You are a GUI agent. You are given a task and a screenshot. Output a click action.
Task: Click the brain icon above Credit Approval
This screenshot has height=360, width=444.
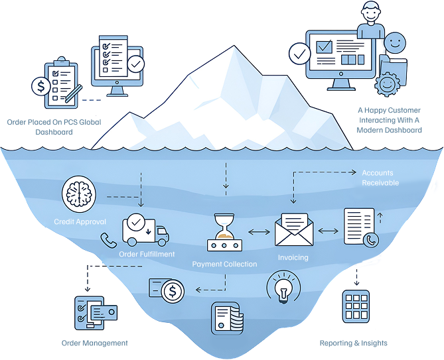78,196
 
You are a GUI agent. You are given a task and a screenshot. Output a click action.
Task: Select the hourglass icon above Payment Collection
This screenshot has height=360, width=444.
224,233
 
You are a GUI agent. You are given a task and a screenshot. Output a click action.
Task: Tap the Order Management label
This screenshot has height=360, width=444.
94,343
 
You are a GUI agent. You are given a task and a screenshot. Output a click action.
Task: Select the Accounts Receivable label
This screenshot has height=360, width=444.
380,178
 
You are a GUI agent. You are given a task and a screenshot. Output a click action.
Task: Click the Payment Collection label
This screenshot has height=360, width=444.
224,264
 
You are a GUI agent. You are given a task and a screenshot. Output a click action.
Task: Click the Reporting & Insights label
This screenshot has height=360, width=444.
354,343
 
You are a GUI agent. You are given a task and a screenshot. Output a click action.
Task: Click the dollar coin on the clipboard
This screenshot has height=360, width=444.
42,86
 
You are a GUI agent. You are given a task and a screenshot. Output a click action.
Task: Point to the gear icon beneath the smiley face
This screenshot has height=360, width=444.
386,84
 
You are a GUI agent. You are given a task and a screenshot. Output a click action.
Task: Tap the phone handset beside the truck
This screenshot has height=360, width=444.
105,240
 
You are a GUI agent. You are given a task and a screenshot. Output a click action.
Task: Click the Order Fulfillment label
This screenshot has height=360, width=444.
147,254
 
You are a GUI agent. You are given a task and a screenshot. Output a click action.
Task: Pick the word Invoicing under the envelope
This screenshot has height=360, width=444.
293,257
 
